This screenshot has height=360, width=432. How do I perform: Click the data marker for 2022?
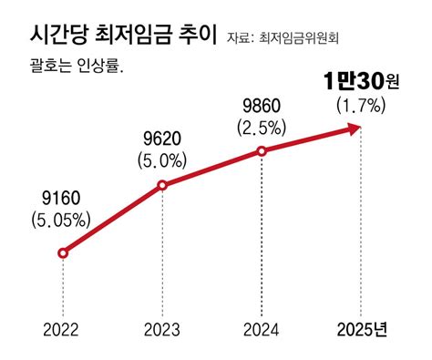pyautogui.click(x=62, y=252)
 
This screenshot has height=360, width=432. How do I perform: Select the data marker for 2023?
pyautogui.click(x=162, y=186)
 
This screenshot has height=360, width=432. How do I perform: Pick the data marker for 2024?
pyautogui.click(x=262, y=150)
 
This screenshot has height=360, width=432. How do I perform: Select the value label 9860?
pyautogui.click(x=262, y=103)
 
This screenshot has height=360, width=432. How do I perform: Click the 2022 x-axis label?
pyautogui.click(x=62, y=329)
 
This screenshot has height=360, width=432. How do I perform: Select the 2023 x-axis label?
pyautogui.click(x=162, y=329)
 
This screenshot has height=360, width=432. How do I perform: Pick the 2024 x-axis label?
pyautogui.click(x=262, y=329)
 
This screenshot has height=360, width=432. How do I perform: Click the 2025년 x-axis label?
pyautogui.click(x=362, y=329)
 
